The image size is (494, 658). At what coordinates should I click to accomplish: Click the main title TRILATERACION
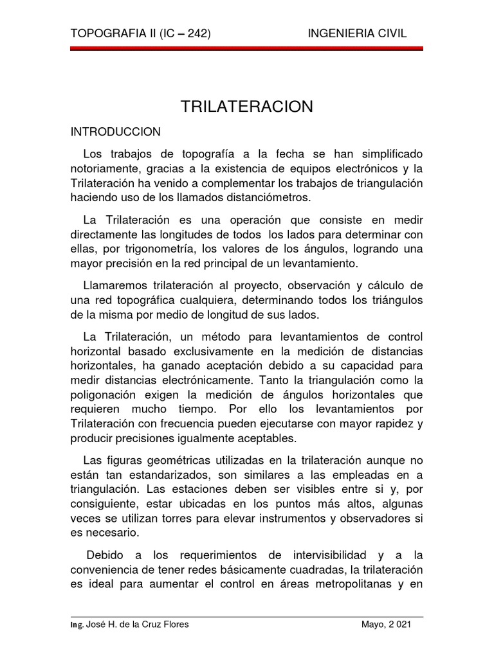click(247, 106)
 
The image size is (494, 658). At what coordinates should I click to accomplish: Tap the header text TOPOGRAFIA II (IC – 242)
click(140, 33)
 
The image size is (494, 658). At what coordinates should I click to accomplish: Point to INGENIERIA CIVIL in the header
click(358, 33)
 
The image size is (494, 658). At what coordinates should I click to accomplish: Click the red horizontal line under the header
click(247, 49)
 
